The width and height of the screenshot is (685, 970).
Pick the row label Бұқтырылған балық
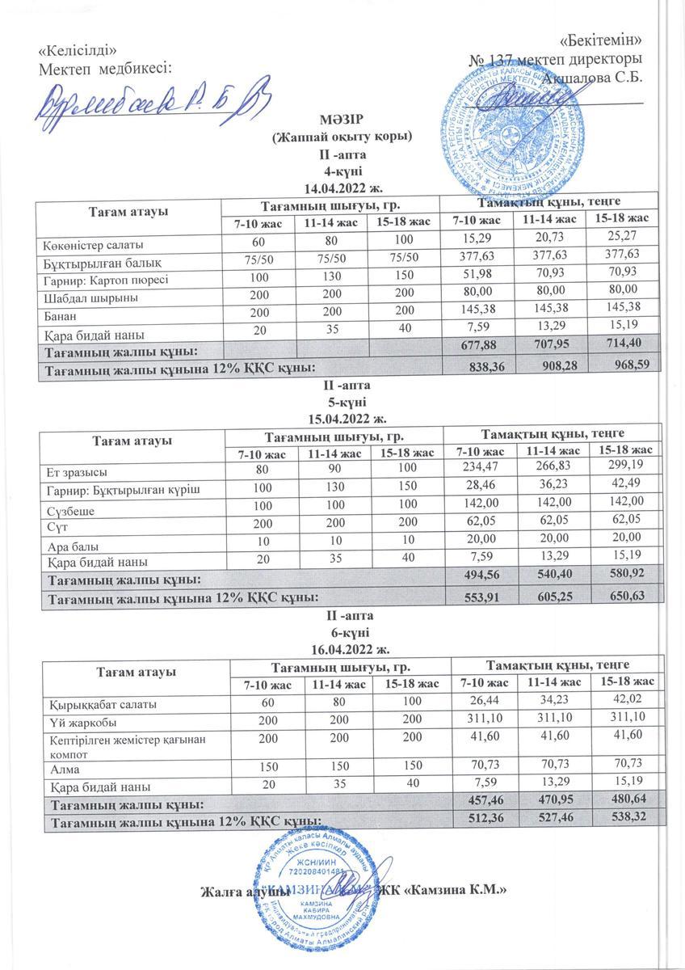coord(95,262)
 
